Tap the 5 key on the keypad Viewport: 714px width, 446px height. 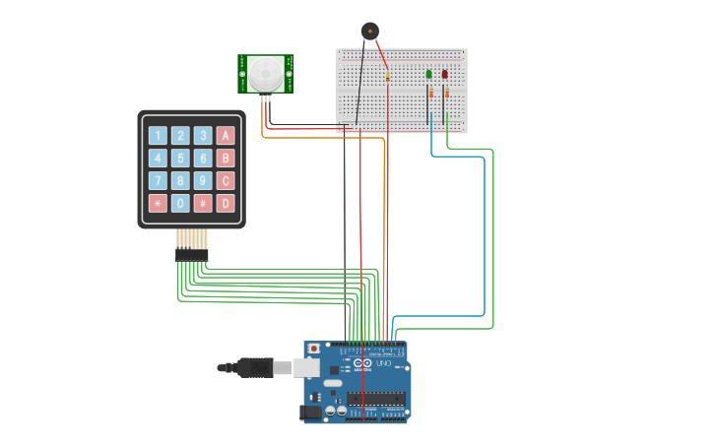(180, 158)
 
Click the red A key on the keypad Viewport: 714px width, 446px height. (226, 135)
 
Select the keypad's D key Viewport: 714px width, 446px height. (226, 203)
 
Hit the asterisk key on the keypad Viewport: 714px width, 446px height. (158, 203)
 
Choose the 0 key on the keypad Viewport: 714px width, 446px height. (180, 203)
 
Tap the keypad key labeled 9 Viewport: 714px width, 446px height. (203, 180)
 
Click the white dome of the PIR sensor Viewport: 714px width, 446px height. (265, 74)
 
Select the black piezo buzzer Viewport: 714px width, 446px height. (369, 31)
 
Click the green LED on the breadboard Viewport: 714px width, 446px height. (428, 74)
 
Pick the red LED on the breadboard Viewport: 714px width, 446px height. (444, 74)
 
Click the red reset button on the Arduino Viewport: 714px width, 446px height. (314, 349)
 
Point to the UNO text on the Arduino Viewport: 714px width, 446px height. (382, 364)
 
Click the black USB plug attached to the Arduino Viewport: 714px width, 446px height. (251, 367)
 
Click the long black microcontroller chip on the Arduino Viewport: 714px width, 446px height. (375, 399)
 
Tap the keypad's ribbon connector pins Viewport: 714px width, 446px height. (191, 254)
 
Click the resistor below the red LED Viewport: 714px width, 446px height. (446, 93)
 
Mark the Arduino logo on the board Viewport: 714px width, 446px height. (361, 364)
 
